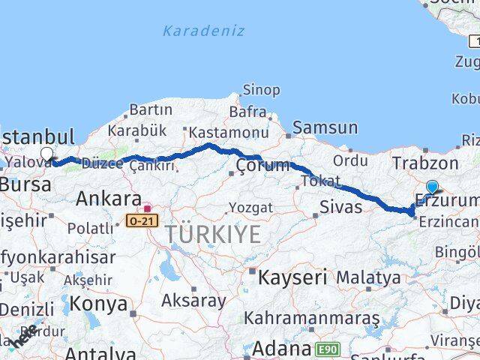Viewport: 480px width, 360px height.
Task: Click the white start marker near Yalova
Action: tap(47, 154)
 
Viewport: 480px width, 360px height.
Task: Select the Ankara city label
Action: tap(108, 199)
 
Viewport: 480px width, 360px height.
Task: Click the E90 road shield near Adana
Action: tap(327, 349)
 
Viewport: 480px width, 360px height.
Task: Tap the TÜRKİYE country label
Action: tap(214, 234)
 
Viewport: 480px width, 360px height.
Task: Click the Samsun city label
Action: tap(325, 128)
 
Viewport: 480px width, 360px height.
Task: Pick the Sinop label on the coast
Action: tap(262, 90)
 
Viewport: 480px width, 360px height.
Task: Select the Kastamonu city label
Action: tap(229, 133)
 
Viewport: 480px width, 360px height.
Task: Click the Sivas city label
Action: tap(340, 207)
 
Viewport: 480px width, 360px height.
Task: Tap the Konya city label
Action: tap(100, 304)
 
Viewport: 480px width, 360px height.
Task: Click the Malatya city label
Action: tap(367, 278)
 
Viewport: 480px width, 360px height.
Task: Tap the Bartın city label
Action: tap(151, 110)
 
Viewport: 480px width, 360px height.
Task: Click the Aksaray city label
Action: tap(193, 301)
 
